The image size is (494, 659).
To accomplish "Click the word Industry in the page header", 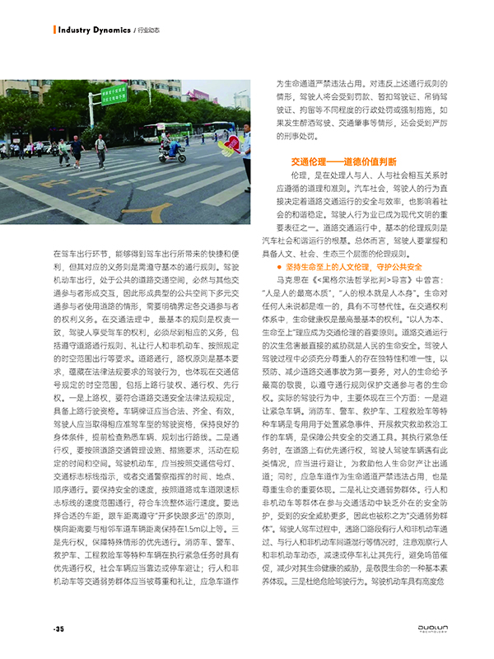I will (x=77, y=30).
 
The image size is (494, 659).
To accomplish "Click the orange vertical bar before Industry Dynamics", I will (x=55, y=30).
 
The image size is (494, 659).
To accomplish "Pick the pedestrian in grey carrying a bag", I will (x=100, y=149).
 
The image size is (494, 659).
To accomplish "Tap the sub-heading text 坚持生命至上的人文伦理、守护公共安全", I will (x=352, y=267).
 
